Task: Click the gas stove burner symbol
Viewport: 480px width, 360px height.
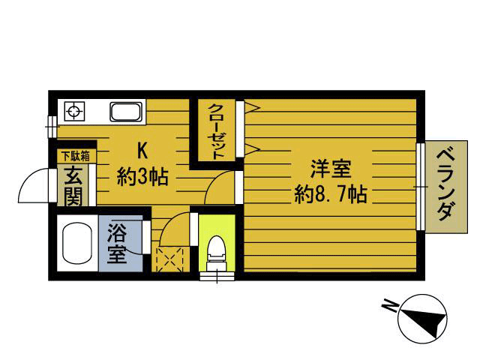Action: pos(73,112)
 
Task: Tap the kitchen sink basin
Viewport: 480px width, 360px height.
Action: pos(126,113)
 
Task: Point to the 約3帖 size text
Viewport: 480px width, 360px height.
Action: pos(142,177)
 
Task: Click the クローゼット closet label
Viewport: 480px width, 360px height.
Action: pos(217,130)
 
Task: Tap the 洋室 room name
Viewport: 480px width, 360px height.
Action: pos(330,169)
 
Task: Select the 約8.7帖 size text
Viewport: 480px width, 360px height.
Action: pos(330,196)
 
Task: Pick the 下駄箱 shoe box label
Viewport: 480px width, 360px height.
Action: pos(75,156)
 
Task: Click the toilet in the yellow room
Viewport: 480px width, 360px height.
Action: pos(216,249)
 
